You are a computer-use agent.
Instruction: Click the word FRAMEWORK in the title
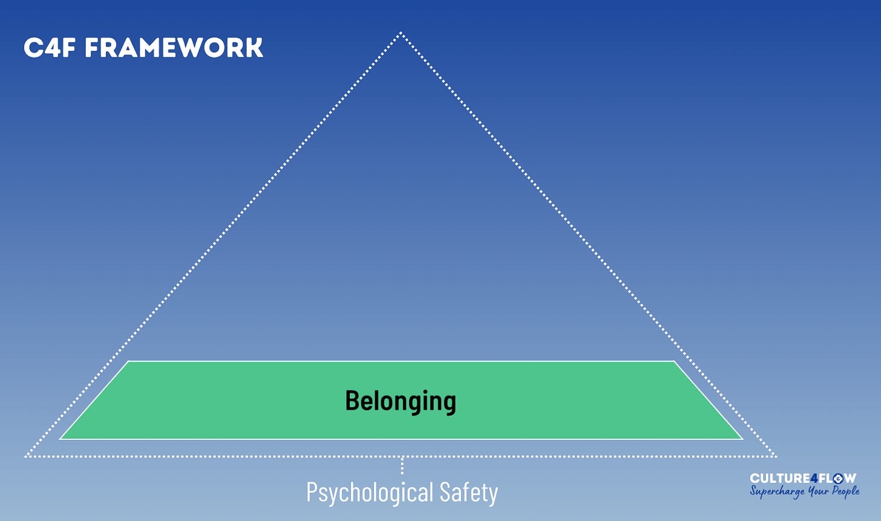[174, 48]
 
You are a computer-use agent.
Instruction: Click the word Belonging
[401, 401]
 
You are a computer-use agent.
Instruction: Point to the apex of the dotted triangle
[401, 33]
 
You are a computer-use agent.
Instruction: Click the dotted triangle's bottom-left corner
[25, 456]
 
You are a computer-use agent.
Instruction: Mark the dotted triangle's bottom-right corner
[775, 456]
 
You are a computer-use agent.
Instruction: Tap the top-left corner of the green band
[129, 362]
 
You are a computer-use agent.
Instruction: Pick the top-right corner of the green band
[673, 362]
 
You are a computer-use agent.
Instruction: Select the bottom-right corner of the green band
[742, 438]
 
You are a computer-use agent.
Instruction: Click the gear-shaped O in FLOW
[837, 479]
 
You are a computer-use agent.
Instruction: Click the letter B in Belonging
[352, 401]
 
